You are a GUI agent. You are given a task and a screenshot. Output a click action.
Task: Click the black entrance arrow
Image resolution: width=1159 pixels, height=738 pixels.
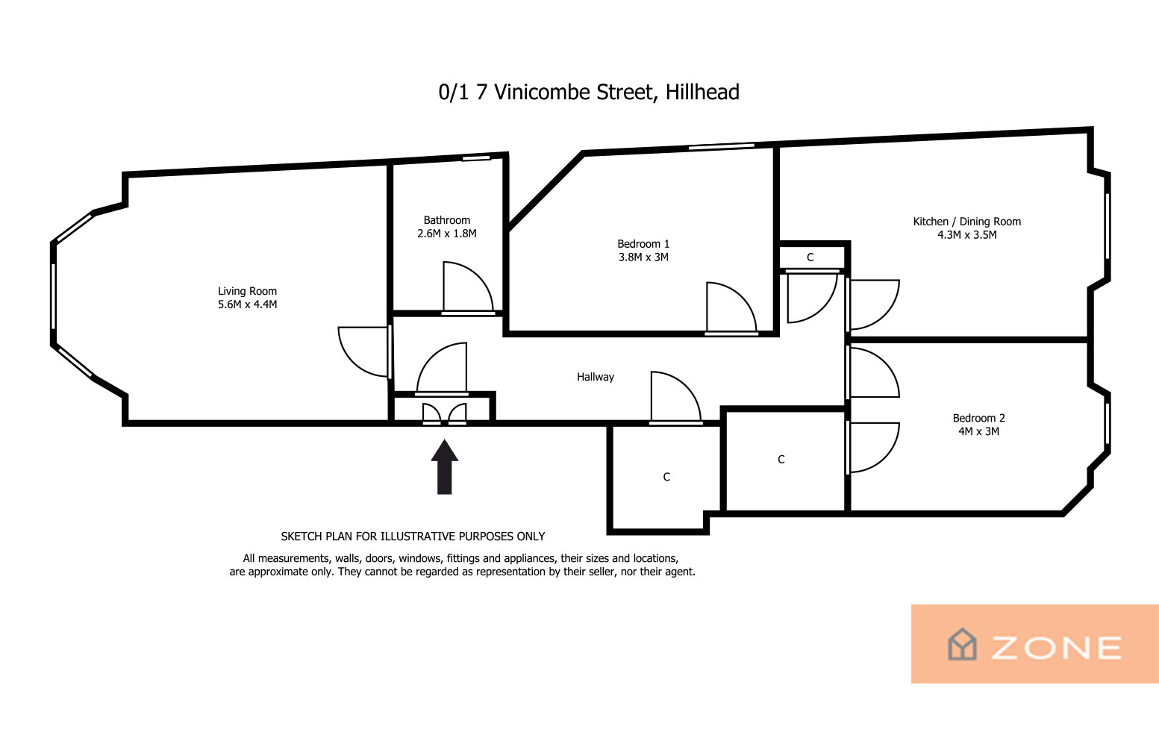point(445,467)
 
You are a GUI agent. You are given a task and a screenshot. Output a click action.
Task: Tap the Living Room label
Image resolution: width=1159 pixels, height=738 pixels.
point(247,291)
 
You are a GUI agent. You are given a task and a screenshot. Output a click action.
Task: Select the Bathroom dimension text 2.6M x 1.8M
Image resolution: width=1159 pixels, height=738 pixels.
point(447,234)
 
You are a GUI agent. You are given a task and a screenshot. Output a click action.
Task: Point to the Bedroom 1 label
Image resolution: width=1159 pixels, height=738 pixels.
point(643,243)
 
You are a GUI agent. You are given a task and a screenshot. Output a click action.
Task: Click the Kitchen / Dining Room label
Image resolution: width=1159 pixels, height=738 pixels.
point(967,222)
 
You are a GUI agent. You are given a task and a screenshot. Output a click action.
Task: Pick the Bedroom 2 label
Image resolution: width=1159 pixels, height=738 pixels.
point(978,418)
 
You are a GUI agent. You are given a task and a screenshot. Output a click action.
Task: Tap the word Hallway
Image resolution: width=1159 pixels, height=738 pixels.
point(596,377)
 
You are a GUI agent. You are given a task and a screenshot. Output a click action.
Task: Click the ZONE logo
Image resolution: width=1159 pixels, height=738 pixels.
point(1035,644)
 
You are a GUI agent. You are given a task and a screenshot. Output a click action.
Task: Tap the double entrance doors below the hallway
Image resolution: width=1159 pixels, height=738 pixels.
point(445,414)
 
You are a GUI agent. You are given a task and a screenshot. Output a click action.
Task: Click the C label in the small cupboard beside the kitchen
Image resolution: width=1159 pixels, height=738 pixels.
point(810,257)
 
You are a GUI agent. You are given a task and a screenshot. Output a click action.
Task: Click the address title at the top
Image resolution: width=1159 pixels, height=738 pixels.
point(589,92)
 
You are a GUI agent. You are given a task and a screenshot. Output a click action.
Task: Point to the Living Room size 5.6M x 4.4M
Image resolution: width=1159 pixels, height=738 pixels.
point(247,304)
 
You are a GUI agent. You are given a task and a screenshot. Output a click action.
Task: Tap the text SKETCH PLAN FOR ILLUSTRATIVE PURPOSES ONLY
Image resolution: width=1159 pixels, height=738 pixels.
point(413,537)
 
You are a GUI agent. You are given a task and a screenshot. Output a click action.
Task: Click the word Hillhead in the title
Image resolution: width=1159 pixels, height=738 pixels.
point(702,92)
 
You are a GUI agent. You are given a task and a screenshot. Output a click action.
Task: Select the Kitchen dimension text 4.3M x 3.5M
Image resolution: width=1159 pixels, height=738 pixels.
point(967,235)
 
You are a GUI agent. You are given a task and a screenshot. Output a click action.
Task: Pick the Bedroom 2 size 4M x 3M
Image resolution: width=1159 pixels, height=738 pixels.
point(978,431)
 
